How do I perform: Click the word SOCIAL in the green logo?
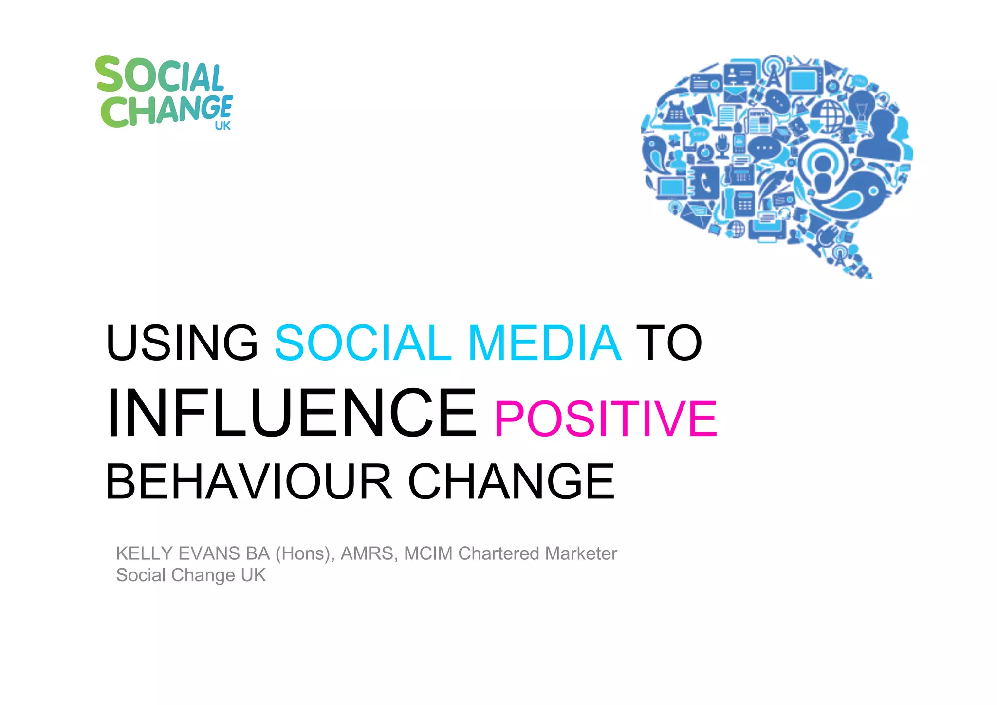[x=160, y=75]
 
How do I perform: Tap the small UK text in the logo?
[x=222, y=126]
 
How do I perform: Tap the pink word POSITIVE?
[x=606, y=418]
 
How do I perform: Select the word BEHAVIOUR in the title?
[x=249, y=482]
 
